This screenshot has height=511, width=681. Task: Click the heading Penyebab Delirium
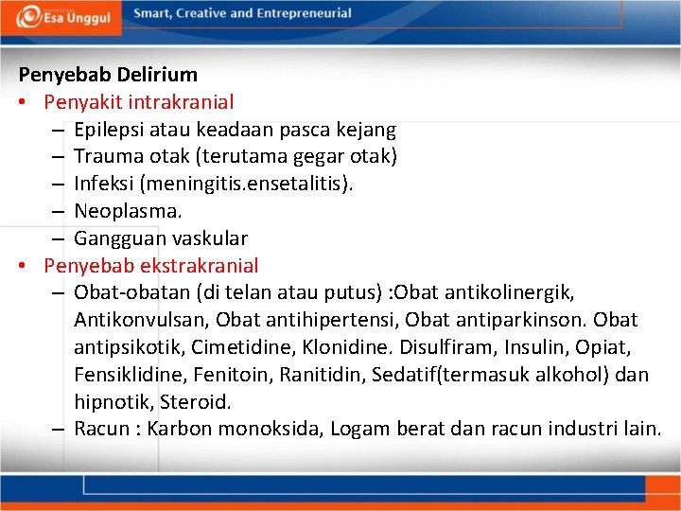(x=108, y=74)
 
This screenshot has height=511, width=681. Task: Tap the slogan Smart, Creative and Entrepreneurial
(x=242, y=13)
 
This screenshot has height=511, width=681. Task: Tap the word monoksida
(x=270, y=429)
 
